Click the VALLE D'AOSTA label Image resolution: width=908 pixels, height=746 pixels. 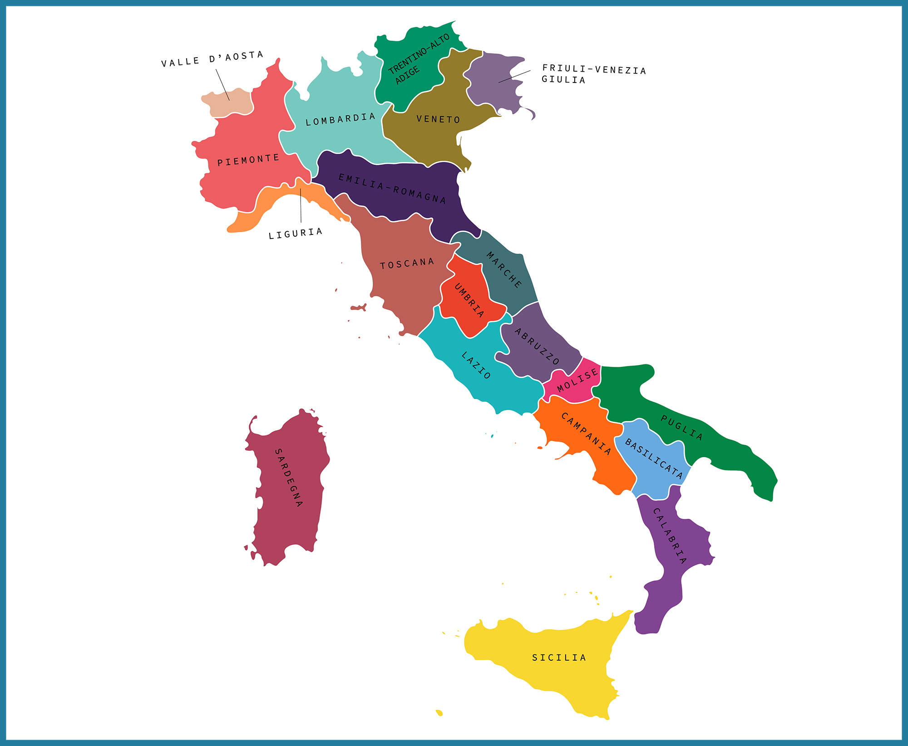coord(212,59)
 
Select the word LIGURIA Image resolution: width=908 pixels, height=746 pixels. coord(295,234)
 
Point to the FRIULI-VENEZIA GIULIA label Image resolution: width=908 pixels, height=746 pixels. coord(593,74)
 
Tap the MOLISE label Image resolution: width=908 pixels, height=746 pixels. coord(577,380)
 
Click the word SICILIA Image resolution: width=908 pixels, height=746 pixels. coord(559,658)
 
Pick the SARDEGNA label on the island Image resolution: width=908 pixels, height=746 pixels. coord(288,477)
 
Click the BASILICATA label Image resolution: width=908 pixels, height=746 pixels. coord(654,458)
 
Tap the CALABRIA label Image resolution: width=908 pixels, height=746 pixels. coord(669,536)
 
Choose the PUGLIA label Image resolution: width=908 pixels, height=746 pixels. coord(681,428)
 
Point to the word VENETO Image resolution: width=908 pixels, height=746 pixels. coord(438,119)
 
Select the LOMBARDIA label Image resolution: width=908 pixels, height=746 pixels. coord(340,119)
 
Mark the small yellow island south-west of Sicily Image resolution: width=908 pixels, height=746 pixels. coord(439,712)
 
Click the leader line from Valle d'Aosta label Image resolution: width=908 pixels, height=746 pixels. coord(222,84)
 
